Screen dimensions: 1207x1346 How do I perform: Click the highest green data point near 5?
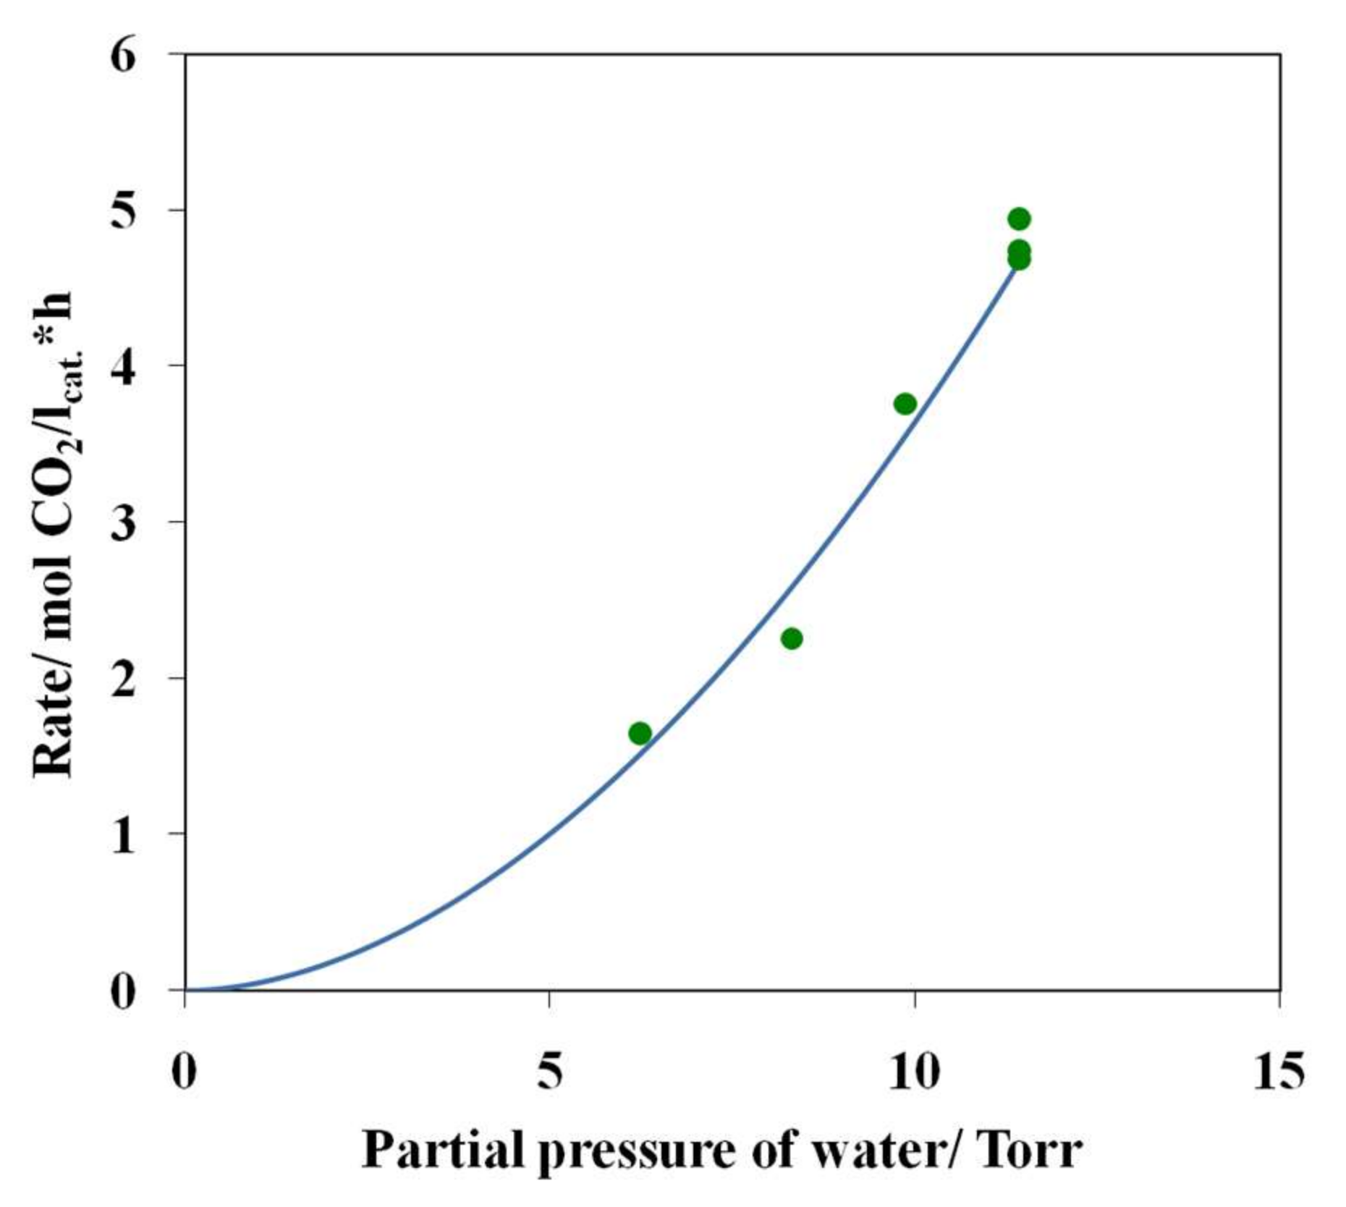click(1018, 219)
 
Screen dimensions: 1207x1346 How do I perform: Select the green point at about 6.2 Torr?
click(640, 733)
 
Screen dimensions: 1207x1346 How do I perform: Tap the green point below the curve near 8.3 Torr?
click(792, 638)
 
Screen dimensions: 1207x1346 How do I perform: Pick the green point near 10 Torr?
click(905, 404)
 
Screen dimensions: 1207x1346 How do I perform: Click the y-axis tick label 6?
click(123, 55)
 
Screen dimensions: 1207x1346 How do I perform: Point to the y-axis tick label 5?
click(123, 211)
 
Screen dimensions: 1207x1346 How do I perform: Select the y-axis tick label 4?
click(123, 366)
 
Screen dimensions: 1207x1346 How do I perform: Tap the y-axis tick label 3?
click(123, 522)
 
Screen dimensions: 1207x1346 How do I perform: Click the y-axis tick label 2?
click(123, 678)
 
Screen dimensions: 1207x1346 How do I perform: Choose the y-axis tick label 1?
click(123, 834)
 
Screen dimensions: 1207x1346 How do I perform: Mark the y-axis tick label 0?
click(123, 991)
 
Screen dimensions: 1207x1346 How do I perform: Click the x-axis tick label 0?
click(184, 1070)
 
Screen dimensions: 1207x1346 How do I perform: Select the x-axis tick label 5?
click(550, 1070)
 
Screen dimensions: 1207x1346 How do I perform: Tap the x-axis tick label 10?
click(914, 1070)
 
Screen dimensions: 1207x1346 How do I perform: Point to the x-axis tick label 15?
click(1279, 1070)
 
